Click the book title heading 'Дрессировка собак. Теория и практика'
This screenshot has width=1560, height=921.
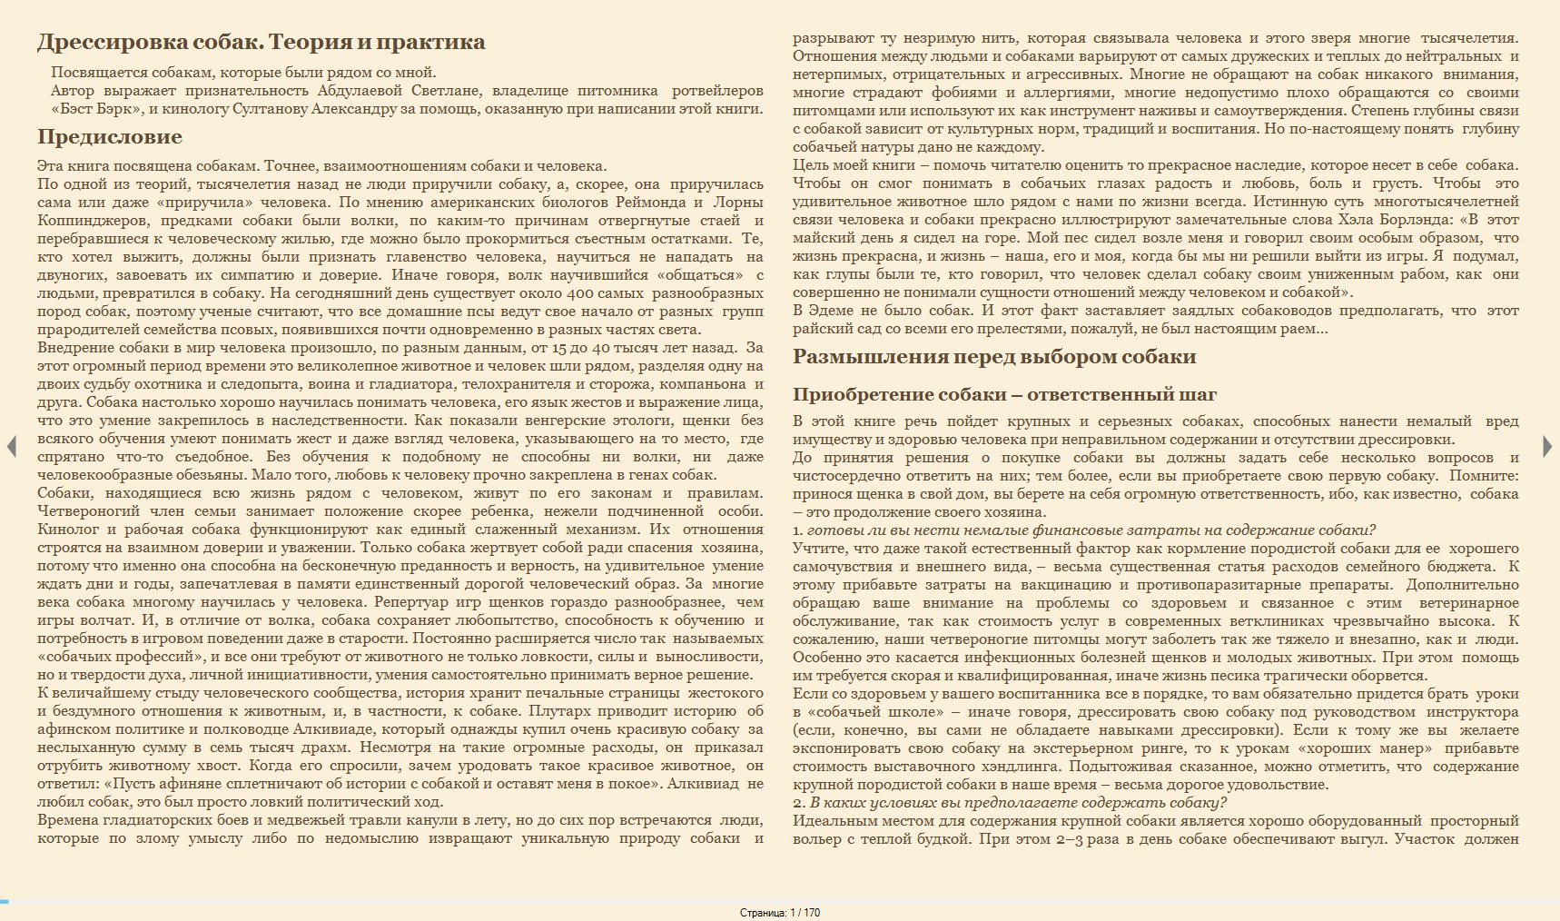(x=261, y=42)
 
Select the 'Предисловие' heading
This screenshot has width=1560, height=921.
(x=110, y=137)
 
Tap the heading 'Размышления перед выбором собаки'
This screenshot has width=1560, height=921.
(x=994, y=357)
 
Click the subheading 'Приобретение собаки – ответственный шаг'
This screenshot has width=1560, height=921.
(x=1004, y=394)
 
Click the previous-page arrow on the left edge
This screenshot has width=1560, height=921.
(x=12, y=446)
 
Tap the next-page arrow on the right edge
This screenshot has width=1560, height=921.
(x=1547, y=446)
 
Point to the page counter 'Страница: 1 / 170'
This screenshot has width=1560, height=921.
(x=780, y=913)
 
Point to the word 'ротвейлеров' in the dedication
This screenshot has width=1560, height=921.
(x=717, y=91)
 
